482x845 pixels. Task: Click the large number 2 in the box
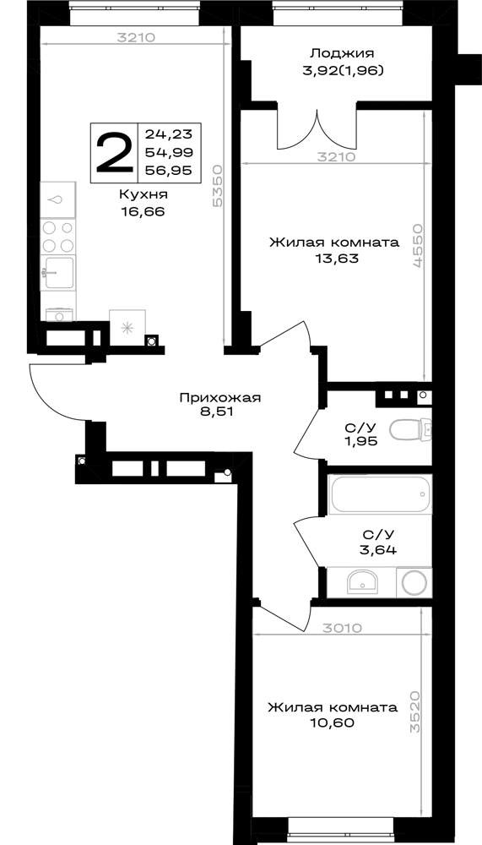[114, 153]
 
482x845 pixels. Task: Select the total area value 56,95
[169, 171]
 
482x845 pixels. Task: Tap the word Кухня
[144, 194]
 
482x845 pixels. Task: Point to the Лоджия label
[342, 53]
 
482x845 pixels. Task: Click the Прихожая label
[219, 398]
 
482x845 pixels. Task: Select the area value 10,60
[333, 722]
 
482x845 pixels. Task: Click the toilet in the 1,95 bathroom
[410, 430]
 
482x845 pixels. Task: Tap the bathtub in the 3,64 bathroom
[380, 494]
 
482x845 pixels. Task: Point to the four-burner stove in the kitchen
[58, 237]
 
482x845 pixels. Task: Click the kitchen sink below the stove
[58, 273]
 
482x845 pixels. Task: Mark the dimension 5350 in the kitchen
[218, 186]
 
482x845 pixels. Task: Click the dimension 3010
[342, 627]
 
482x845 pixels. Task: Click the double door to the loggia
[317, 130]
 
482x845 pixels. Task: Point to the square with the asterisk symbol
[127, 327]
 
